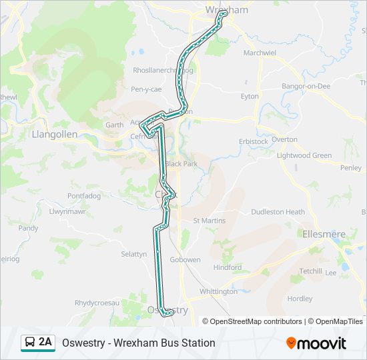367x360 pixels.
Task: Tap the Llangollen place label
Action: point(55,133)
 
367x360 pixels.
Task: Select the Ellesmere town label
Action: point(324,234)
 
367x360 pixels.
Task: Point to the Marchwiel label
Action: point(260,53)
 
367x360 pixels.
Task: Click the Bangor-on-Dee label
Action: point(306,87)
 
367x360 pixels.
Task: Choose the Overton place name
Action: point(284,139)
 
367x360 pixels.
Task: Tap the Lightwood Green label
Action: point(304,155)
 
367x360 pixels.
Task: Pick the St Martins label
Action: point(210,221)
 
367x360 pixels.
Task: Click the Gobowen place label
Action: point(186,260)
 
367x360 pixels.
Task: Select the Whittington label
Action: point(218,291)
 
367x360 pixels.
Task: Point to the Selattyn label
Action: point(133,254)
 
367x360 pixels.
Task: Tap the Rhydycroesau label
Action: point(97,303)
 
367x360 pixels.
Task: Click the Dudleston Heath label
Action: point(278,212)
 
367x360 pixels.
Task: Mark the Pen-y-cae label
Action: point(146,89)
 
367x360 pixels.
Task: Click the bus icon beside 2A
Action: point(29,343)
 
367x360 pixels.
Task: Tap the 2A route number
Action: point(45,342)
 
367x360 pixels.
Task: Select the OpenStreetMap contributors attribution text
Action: point(256,321)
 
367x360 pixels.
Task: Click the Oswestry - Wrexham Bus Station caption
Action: point(138,343)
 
